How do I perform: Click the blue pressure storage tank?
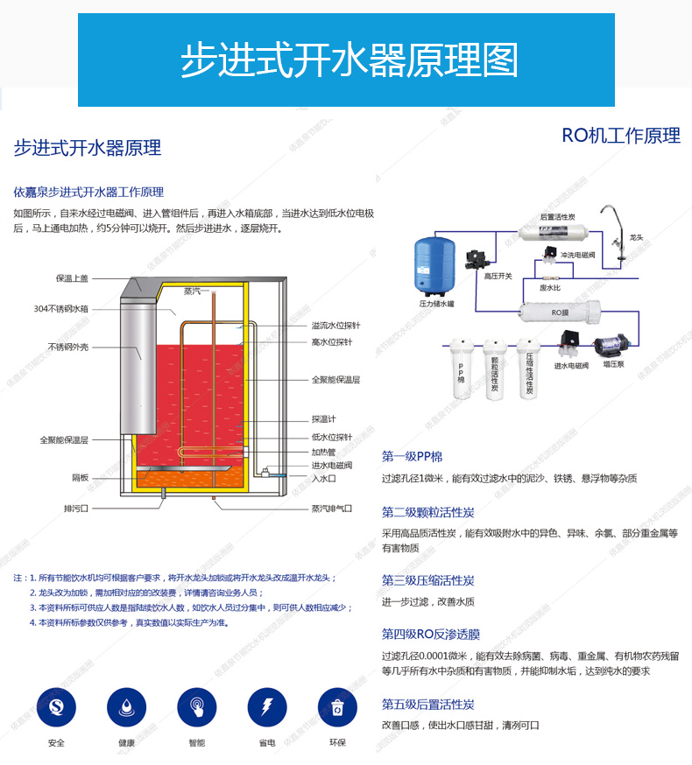coord(434,266)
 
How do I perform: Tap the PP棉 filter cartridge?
coord(461,368)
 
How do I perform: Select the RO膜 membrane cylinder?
coord(560,312)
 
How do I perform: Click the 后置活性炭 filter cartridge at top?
coord(553,231)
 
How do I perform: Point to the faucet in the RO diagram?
coord(616,233)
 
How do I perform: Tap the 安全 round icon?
coord(56,707)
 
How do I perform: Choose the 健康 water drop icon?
coord(126,707)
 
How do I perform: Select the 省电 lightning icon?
coord(267,707)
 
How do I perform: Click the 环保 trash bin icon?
coord(337,707)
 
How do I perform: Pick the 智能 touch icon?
coord(197,707)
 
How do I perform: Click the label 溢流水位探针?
coord(336,326)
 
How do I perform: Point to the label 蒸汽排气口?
coord(332,509)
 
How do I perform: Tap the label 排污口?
coord(76,509)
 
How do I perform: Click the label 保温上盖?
coord(72,278)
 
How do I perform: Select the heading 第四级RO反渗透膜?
coord(431,635)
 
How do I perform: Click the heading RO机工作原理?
coord(621,136)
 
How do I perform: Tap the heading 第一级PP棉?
coord(413,457)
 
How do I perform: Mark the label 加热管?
coord(324,453)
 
